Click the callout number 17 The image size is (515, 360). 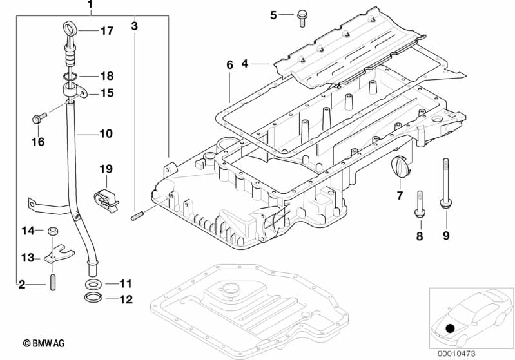[106, 30]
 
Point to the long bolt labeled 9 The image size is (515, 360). [445, 184]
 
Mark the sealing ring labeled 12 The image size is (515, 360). [93, 298]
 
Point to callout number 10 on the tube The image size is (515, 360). [105, 134]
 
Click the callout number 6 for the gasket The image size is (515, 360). [229, 64]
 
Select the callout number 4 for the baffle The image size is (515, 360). [245, 63]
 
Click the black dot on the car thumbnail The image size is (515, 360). [449, 328]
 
